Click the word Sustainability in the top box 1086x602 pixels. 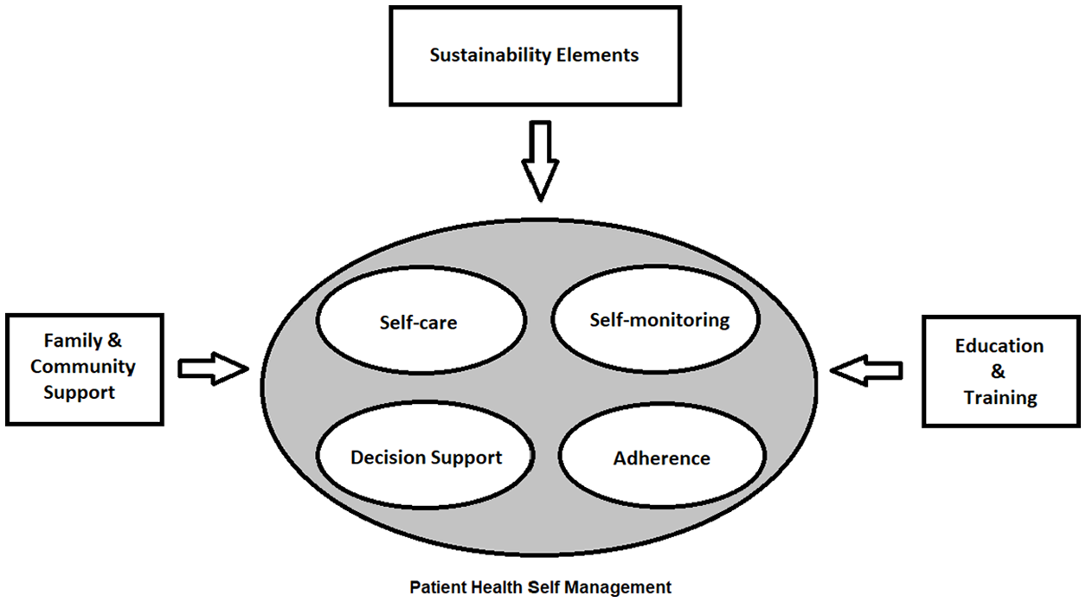click(x=490, y=55)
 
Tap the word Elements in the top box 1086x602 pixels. click(x=597, y=54)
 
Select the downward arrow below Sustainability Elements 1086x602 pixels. click(x=540, y=160)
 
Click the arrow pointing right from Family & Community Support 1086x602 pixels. click(x=214, y=368)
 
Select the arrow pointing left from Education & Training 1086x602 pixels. click(x=866, y=370)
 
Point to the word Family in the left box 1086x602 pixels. click(x=73, y=341)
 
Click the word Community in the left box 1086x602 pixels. click(x=83, y=367)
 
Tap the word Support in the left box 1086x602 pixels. click(x=79, y=393)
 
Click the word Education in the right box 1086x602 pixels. click(x=999, y=346)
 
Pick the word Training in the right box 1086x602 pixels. click(x=1000, y=398)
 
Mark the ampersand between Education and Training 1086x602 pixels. click(x=998, y=372)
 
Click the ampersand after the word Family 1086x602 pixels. click(x=114, y=341)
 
